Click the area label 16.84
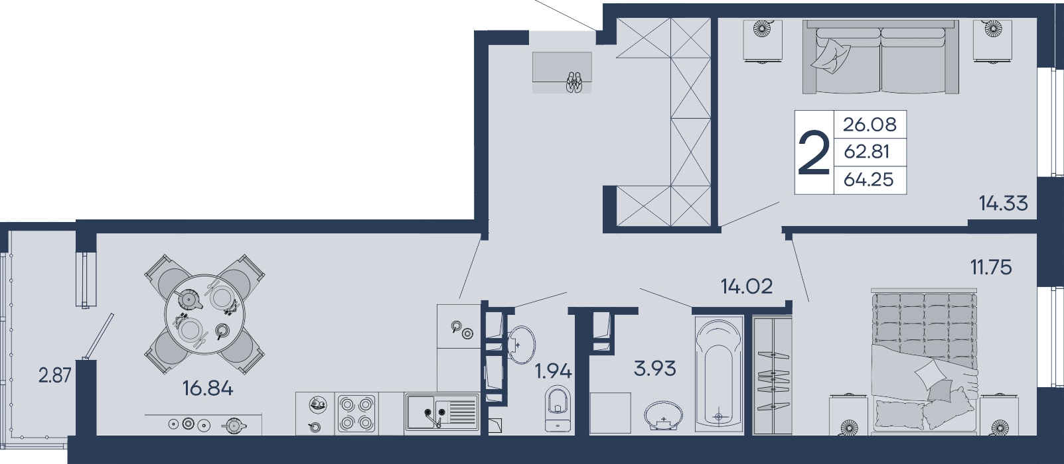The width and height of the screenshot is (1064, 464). pyautogui.click(x=208, y=389)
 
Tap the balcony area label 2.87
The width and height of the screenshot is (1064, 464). pyautogui.click(x=54, y=376)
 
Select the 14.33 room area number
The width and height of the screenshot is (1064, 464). pyautogui.click(x=1003, y=203)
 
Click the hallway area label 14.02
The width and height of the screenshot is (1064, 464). pyautogui.click(x=747, y=286)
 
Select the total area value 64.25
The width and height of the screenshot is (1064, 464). pyautogui.click(x=869, y=180)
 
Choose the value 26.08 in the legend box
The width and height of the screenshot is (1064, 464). pyautogui.click(x=870, y=125)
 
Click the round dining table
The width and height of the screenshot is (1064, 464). pyautogui.click(x=204, y=314)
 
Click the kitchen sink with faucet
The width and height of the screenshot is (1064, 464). pyautogui.click(x=442, y=413)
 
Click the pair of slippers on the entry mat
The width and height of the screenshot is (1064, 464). pyautogui.click(x=573, y=82)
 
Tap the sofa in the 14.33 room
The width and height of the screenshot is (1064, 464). pyautogui.click(x=880, y=57)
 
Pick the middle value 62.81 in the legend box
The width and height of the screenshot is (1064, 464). pyautogui.click(x=867, y=152)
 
